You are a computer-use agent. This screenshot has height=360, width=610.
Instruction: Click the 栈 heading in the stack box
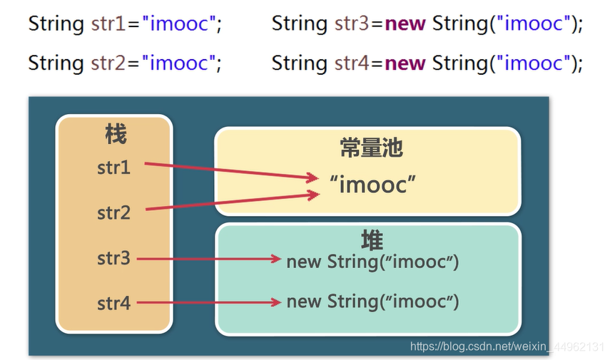click(115, 134)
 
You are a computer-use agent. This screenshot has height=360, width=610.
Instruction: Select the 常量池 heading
click(371, 148)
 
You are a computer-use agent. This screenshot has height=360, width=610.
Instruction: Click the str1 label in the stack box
click(114, 168)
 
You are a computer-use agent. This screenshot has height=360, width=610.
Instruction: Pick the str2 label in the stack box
click(114, 212)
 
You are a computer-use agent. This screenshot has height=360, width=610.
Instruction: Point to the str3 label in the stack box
click(114, 258)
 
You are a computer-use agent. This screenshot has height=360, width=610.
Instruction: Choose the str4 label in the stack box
click(114, 303)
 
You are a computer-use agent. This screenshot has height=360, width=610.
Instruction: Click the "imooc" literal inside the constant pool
click(373, 184)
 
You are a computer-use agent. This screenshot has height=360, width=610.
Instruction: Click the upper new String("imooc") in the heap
click(372, 262)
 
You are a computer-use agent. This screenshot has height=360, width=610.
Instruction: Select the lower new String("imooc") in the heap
click(372, 302)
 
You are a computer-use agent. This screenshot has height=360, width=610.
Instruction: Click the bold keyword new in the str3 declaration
click(405, 24)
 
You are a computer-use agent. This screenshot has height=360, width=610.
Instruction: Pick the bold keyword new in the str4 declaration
click(405, 63)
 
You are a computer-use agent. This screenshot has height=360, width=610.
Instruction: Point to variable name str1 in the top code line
click(108, 24)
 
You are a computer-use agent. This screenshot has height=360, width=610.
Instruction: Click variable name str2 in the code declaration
click(108, 63)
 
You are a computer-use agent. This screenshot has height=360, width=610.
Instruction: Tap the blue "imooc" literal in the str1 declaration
click(178, 24)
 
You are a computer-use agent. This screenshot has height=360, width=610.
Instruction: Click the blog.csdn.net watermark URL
click(507, 346)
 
